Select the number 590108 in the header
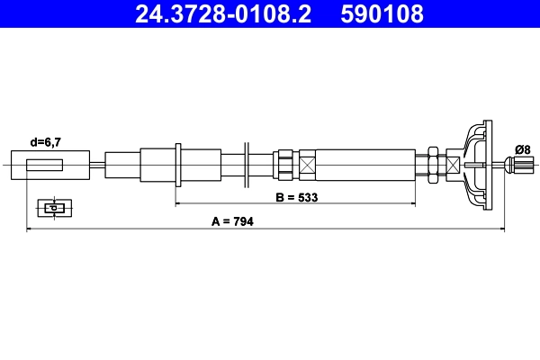click(x=382, y=14)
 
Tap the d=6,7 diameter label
click(x=47, y=142)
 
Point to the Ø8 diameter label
click(x=522, y=149)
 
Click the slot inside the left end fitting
click(x=45, y=166)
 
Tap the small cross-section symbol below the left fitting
click(x=54, y=208)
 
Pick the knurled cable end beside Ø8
click(x=517, y=165)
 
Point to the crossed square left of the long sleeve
click(x=308, y=166)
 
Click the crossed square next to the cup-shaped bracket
click(x=452, y=166)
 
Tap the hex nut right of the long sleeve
click(x=434, y=166)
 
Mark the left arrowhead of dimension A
click(x=31, y=230)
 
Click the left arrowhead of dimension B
click(x=178, y=204)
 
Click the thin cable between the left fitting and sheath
click(x=96, y=166)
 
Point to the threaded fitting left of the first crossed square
click(x=285, y=166)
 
